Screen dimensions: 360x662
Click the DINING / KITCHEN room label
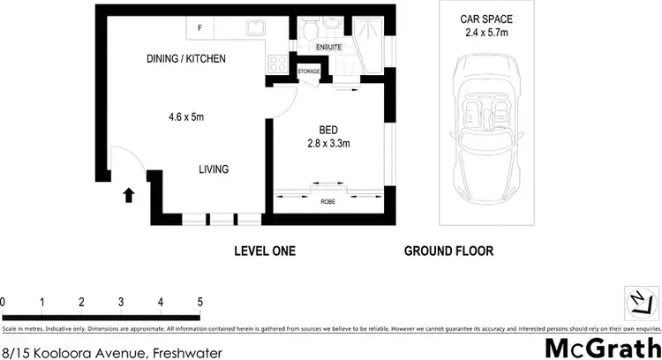[186, 59]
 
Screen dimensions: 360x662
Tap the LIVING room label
[214, 169]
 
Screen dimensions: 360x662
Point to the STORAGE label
[308, 71]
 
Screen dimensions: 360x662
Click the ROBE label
[327, 201]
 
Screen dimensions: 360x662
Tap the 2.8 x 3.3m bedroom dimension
[329, 144]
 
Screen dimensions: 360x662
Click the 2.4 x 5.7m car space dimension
[486, 34]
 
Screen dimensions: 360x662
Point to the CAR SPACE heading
[486, 19]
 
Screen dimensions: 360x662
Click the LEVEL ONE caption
[265, 251]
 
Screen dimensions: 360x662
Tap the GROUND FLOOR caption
[448, 251]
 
